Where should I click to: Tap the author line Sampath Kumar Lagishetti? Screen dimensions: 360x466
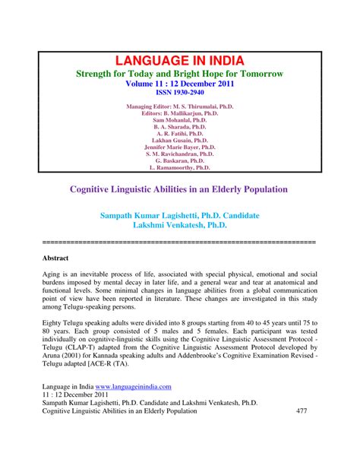pos(180,216)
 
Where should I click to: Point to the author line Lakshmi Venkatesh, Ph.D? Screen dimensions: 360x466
pos(180,226)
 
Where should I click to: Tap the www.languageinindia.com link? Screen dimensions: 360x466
pos(134,408)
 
